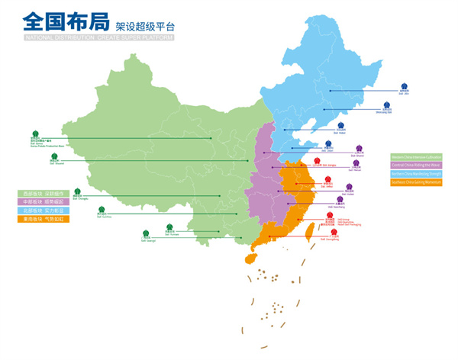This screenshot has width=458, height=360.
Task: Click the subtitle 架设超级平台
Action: click(x=141, y=24)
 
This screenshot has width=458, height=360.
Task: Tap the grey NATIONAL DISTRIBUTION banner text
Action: click(x=98, y=37)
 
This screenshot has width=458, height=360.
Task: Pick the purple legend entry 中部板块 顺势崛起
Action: click(x=47, y=201)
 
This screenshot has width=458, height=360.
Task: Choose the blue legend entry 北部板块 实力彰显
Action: click(x=47, y=210)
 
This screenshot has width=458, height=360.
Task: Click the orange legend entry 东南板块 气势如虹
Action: click(x=47, y=219)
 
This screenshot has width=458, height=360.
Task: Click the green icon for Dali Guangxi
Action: click(x=146, y=233)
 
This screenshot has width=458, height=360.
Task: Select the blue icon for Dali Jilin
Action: click(x=406, y=86)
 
